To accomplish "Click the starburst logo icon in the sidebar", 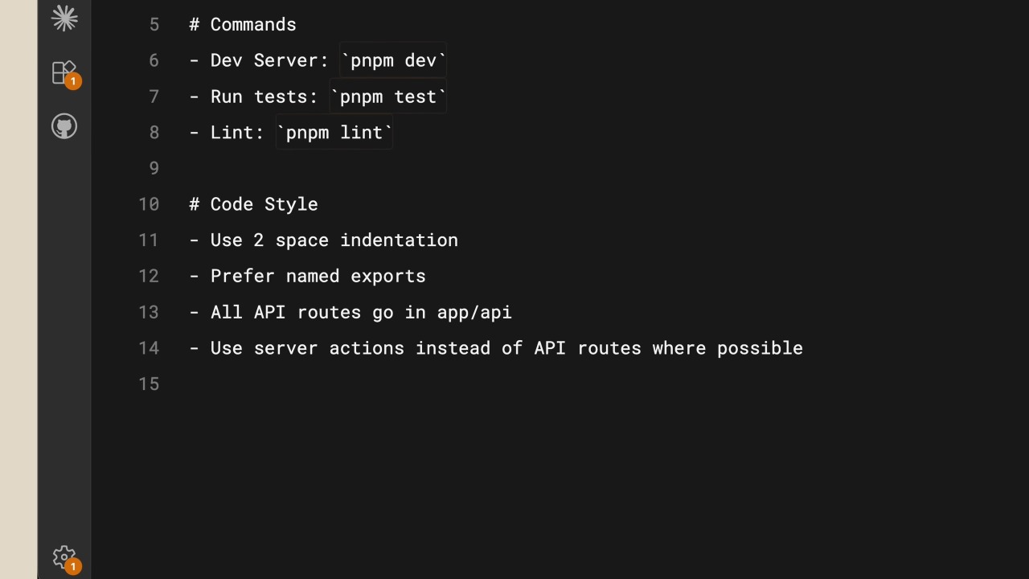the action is tap(64, 18).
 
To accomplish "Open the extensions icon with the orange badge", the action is tap(64, 72).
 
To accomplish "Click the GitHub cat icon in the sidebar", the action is tap(64, 126).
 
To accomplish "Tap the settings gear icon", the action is tap(64, 557).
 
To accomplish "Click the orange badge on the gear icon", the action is tap(73, 567).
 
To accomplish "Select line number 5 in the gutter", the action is tap(154, 24).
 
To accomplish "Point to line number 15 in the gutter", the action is tap(149, 384).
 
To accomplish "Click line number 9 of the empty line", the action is tap(154, 168).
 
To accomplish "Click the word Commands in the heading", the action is tap(253, 24).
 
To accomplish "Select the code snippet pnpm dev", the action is tap(393, 60).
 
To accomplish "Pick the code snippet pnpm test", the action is tap(387, 96).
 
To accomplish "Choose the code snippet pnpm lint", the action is tap(334, 133).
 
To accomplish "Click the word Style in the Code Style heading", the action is tap(291, 204).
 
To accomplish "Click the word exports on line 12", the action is tap(388, 276).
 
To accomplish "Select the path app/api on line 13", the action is tap(474, 313).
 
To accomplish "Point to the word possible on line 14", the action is tap(760, 348).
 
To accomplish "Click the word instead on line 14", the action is tap(453, 348).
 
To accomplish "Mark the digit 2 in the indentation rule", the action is tap(259, 240).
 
